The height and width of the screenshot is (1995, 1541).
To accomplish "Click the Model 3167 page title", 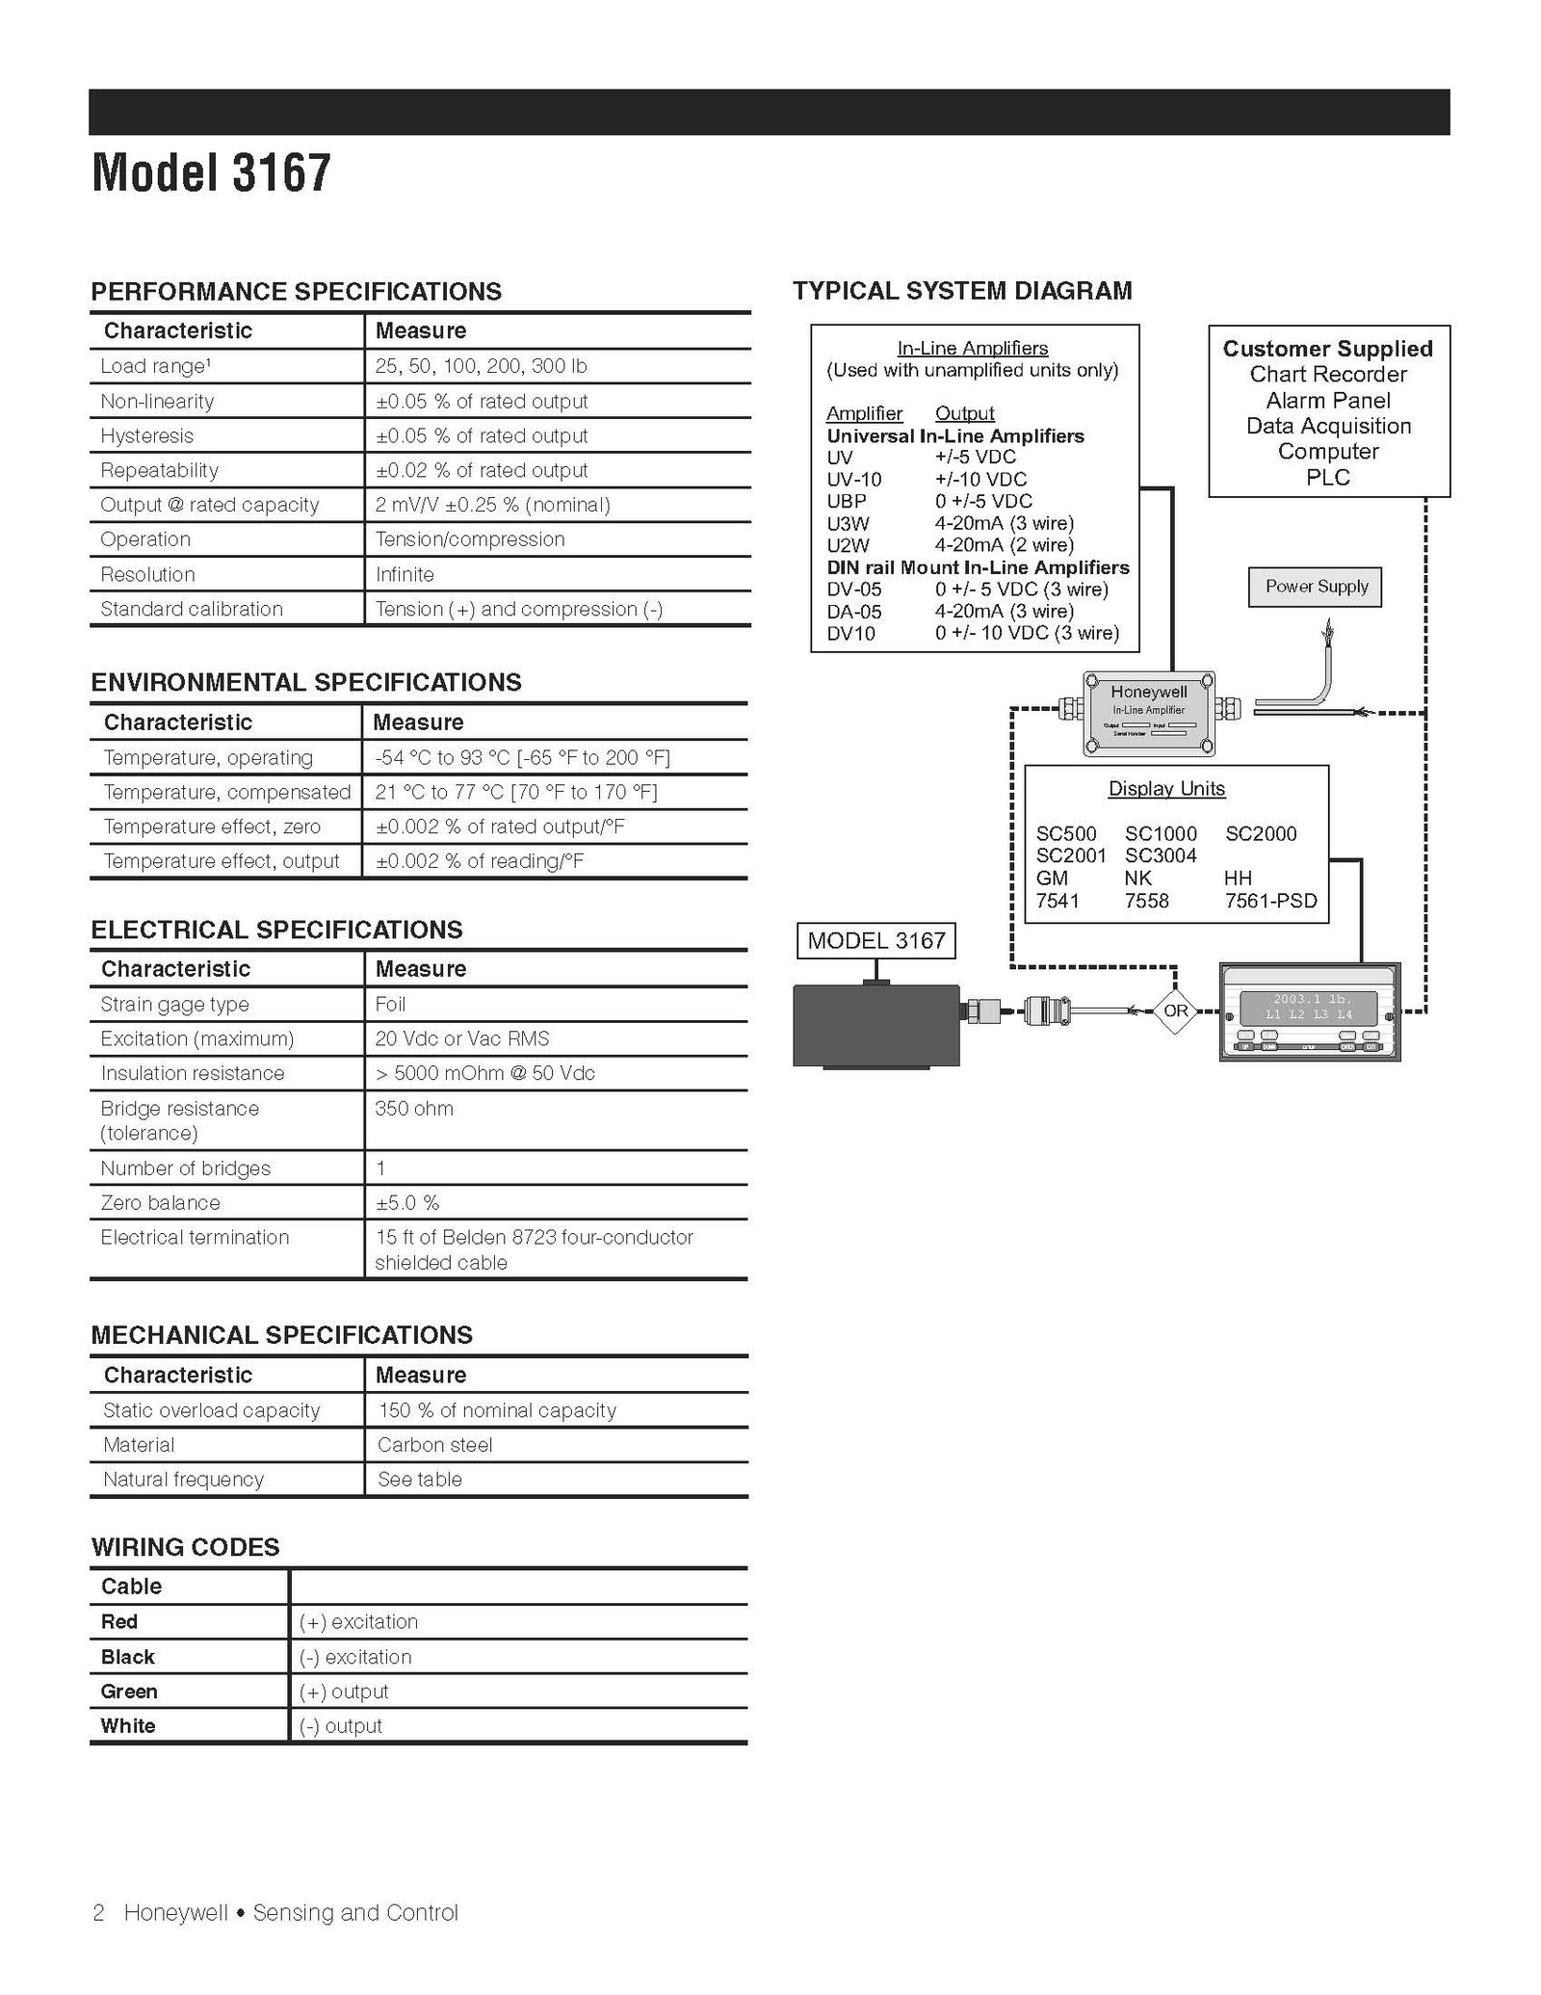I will pos(211,173).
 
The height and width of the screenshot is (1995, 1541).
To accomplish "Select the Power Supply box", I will pos(1315,587).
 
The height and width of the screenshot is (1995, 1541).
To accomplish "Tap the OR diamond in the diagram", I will pos(1175,1011).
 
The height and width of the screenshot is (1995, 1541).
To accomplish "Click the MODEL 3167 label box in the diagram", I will pos(875,940).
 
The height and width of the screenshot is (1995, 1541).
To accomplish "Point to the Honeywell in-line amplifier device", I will pos(1148,714).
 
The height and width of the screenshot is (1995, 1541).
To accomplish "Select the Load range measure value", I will pos(481,366).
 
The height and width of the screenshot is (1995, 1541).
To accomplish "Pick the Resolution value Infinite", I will pos(405,574).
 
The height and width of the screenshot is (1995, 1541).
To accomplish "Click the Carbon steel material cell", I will pos(434,1444).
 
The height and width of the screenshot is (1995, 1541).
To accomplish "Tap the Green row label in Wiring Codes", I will pos(129,1691).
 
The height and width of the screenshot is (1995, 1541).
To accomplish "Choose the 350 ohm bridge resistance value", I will pos(414,1108).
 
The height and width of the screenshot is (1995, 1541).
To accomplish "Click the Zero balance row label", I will pos(160,1202).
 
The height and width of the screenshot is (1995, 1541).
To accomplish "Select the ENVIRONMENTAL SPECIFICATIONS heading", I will pos(305,682).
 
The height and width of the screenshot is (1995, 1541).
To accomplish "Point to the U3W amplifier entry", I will pos(848,522).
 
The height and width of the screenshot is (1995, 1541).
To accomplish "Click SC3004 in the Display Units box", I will pos(1161,855).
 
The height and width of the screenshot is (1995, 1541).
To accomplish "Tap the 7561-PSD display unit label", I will pos(1270,901).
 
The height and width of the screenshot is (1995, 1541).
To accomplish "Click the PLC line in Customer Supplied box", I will pos(1327,477).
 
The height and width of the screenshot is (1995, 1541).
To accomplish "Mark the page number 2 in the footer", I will pos(98,1912).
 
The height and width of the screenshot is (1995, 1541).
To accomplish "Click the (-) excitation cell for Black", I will pos(354,1657).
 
